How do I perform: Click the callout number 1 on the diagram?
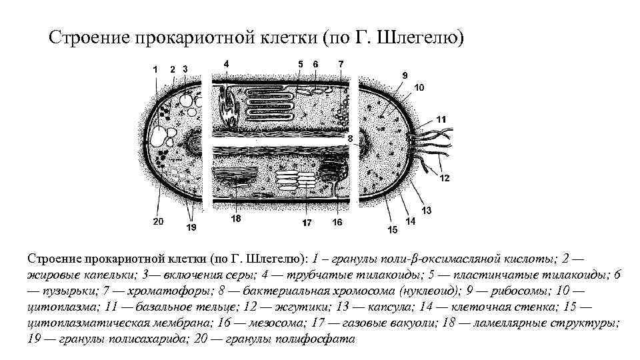(x=155, y=68)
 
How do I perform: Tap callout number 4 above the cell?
(x=227, y=63)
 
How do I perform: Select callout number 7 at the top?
(x=341, y=64)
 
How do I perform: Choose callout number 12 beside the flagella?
(x=445, y=177)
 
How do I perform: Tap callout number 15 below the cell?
(x=392, y=229)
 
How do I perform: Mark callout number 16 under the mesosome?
(x=337, y=222)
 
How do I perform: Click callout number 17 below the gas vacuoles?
(x=306, y=223)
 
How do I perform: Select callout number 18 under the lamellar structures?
(x=235, y=219)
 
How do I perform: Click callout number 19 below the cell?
(x=191, y=227)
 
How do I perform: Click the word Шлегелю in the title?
(x=418, y=37)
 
